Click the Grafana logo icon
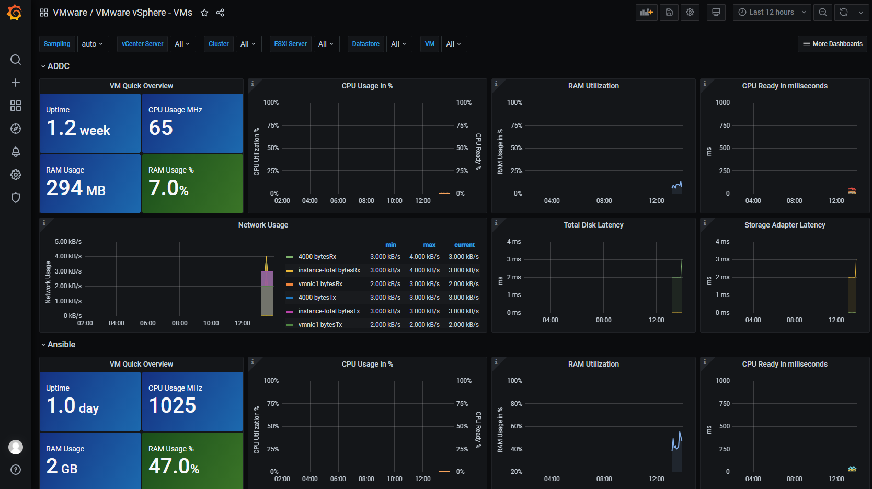(15, 12)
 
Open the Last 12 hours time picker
(772, 12)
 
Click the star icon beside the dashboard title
(204, 13)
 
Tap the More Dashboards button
(832, 44)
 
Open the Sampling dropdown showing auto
(93, 44)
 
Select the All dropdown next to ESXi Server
(326, 44)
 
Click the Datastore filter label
(365, 44)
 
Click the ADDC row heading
(58, 66)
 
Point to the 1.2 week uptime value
(78, 128)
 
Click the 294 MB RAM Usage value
(76, 188)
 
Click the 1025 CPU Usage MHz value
(173, 406)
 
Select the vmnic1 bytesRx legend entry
(320, 284)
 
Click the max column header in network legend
(429, 245)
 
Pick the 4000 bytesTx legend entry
(317, 298)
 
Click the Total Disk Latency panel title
(593, 225)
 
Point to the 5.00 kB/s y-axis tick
(68, 242)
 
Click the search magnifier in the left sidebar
(16, 60)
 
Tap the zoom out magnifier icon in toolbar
(823, 12)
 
